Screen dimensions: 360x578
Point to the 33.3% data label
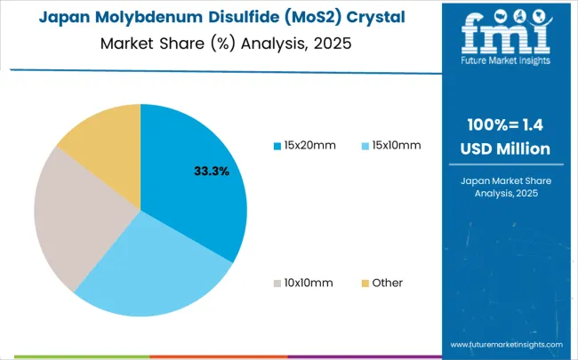pos(211,171)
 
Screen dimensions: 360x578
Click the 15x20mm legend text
pos(310,145)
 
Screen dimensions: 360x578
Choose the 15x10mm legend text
pos(396,145)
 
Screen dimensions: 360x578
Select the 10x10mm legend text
pos(308,283)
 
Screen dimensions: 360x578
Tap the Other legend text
pos(388,283)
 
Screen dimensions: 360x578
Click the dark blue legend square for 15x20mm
pos(277,145)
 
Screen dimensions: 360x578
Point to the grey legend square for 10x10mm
pos(277,283)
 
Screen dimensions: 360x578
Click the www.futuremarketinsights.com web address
pos(506,344)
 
